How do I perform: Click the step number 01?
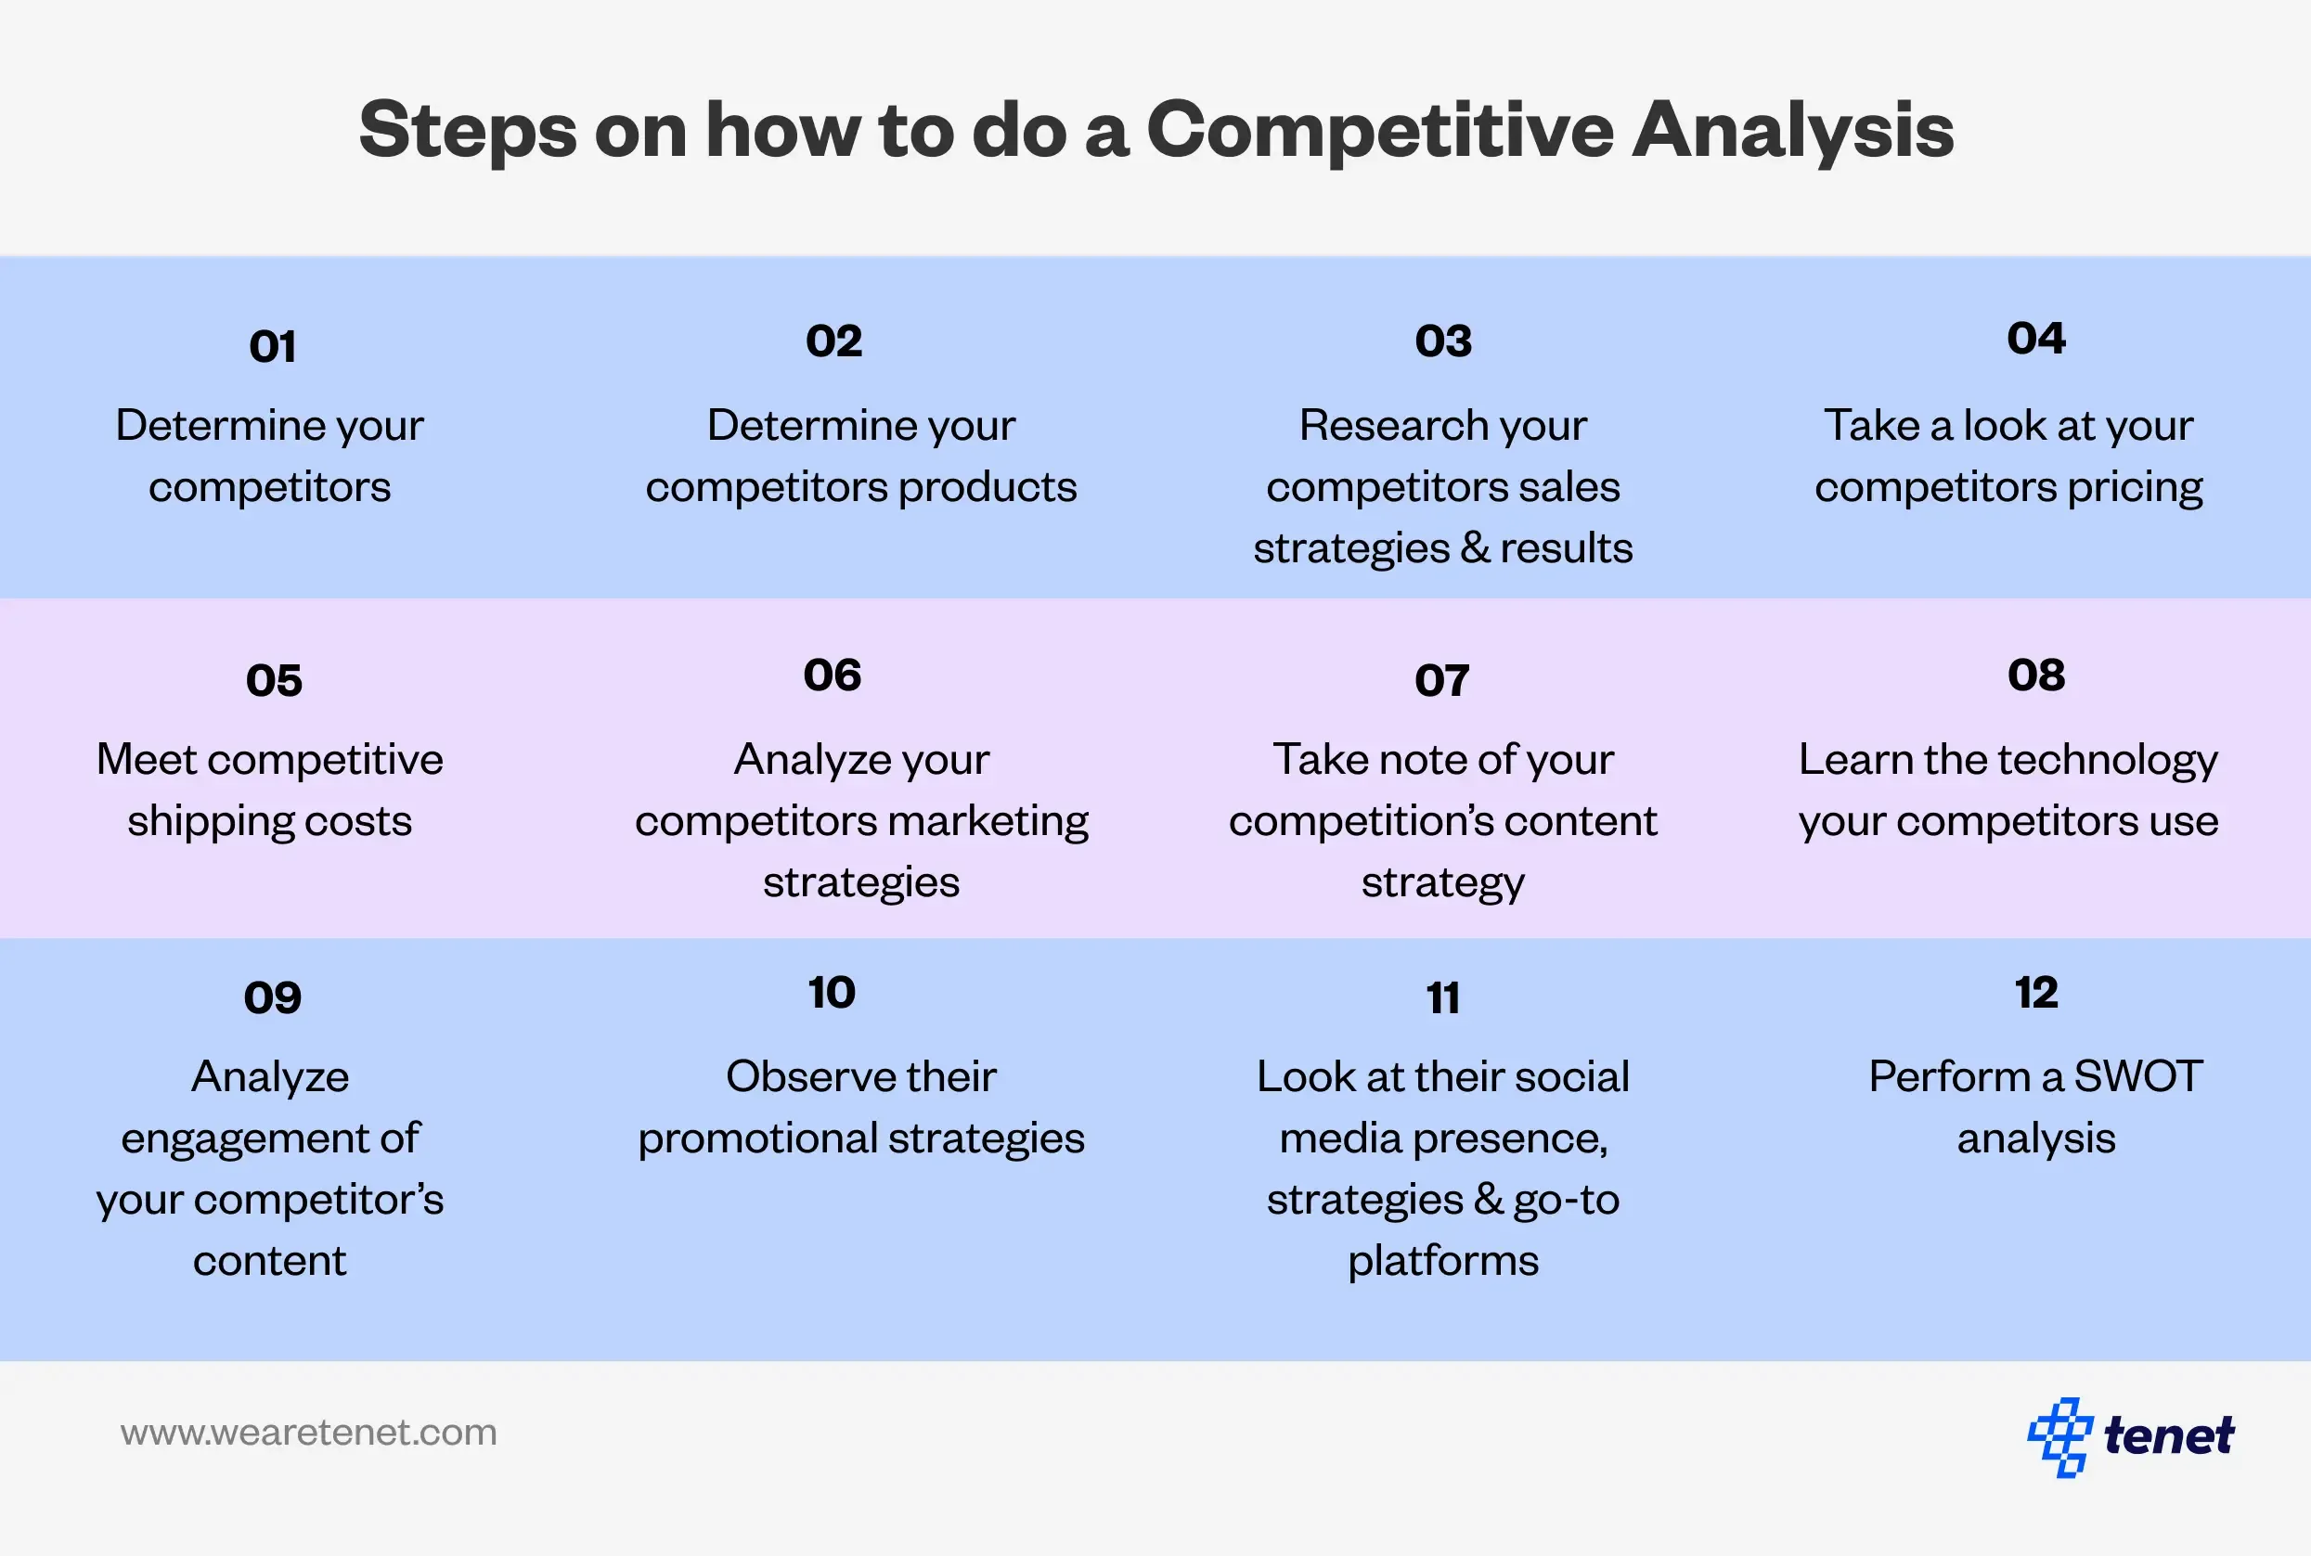273,346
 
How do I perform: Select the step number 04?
2036,339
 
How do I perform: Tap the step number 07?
1442,681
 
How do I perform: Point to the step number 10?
832,993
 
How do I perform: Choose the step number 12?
2036,993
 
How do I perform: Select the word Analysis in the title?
1793,130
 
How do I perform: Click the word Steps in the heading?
468,130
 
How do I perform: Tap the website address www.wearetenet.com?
309,1433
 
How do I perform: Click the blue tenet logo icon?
2059,1437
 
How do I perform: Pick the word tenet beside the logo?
2169,1436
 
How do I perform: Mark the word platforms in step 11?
1443,1261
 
